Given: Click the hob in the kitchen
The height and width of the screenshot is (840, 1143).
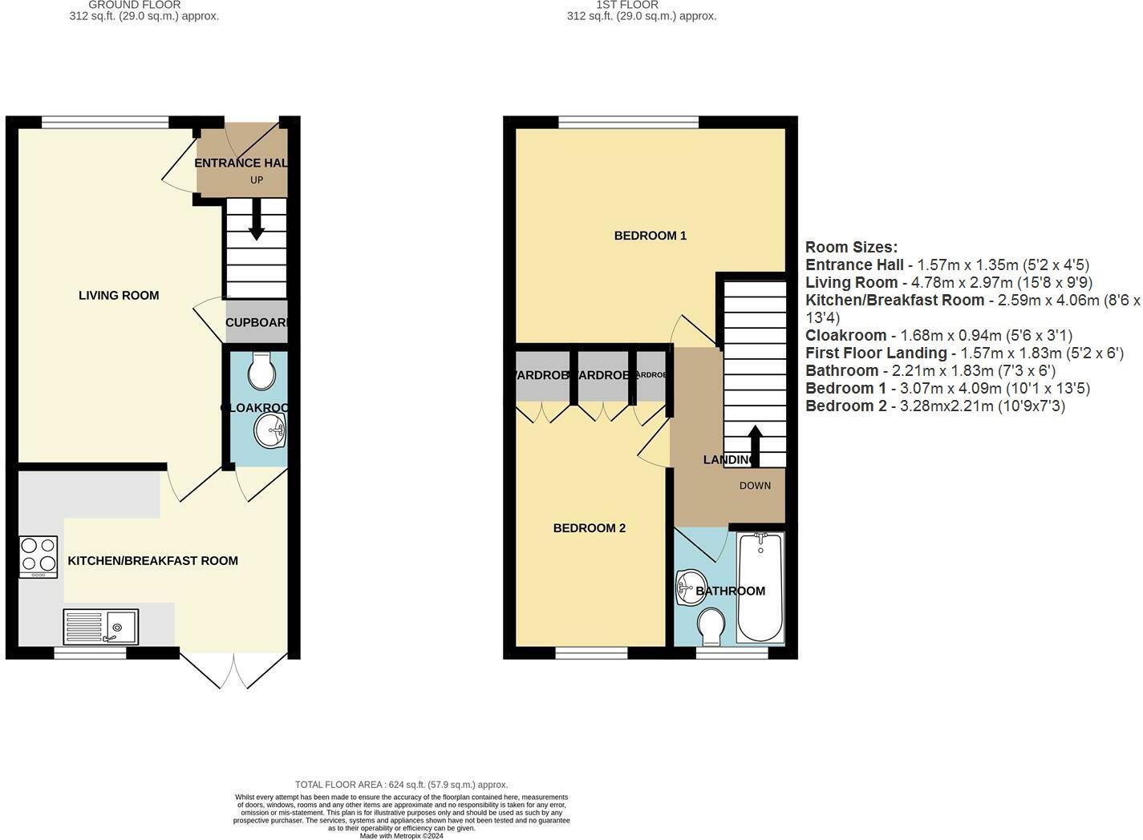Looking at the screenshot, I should [39, 556].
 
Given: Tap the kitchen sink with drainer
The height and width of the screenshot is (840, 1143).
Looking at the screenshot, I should [101, 627].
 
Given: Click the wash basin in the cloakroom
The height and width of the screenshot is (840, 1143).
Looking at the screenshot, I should [270, 431].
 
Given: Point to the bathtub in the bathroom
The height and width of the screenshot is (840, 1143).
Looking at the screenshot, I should [760, 588].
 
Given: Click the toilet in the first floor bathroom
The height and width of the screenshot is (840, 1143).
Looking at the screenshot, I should [711, 626].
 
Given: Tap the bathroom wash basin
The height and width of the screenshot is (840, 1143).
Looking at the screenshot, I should [687, 588].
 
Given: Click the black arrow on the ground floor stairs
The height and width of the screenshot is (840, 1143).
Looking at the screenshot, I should [257, 220].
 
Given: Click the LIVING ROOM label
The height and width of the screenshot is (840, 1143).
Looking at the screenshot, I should [119, 296].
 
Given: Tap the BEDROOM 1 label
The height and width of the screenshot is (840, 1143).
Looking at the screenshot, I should [650, 236].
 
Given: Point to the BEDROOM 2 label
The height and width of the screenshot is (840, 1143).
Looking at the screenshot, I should [589, 528].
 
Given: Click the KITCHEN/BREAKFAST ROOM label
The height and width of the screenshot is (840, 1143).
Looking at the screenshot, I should [152, 561].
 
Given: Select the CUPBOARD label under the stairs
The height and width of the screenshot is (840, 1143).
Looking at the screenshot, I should [256, 323].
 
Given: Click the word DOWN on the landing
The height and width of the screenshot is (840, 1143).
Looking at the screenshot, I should [755, 486].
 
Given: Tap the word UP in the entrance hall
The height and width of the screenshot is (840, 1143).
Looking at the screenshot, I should [257, 180].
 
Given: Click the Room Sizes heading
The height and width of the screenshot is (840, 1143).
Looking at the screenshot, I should [851, 248].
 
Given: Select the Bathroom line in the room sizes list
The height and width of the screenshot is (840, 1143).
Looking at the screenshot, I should [930, 371].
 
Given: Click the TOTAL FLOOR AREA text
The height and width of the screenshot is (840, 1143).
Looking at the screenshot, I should [401, 785].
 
